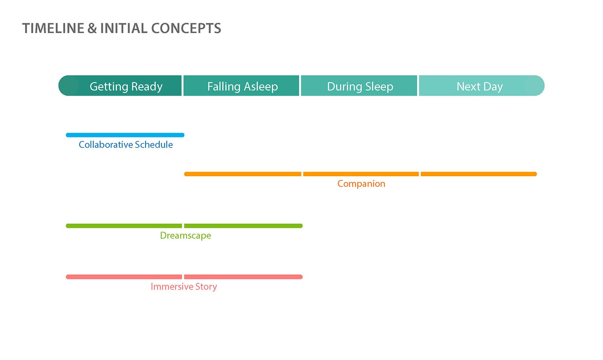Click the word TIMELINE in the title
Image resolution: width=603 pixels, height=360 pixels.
click(53, 28)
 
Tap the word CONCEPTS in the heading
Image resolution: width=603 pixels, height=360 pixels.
click(186, 28)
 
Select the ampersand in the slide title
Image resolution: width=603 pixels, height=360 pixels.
click(92, 28)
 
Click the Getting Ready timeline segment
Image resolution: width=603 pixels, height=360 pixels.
click(120, 85)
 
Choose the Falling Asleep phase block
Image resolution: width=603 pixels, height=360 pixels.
click(241, 85)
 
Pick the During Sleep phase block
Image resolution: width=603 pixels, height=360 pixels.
click(359, 85)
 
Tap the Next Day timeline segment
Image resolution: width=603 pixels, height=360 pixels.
click(482, 85)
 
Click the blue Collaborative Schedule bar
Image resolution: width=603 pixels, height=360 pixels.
click(125, 135)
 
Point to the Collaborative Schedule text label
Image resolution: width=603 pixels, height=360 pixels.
click(126, 145)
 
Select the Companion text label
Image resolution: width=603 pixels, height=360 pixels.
click(361, 184)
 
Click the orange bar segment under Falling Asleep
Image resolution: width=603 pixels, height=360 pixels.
click(243, 174)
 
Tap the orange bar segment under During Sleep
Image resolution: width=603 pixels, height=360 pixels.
click(361, 174)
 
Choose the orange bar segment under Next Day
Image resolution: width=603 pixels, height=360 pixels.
click(479, 174)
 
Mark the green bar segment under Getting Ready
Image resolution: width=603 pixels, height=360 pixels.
click(124, 226)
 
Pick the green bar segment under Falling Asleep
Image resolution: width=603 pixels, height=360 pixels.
click(243, 226)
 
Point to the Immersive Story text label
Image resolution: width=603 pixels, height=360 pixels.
click(184, 287)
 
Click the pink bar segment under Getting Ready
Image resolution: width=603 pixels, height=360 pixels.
click(124, 277)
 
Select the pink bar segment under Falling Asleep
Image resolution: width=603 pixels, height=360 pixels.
click(243, 277)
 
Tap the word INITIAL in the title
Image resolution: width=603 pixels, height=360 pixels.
click(124, 28)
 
